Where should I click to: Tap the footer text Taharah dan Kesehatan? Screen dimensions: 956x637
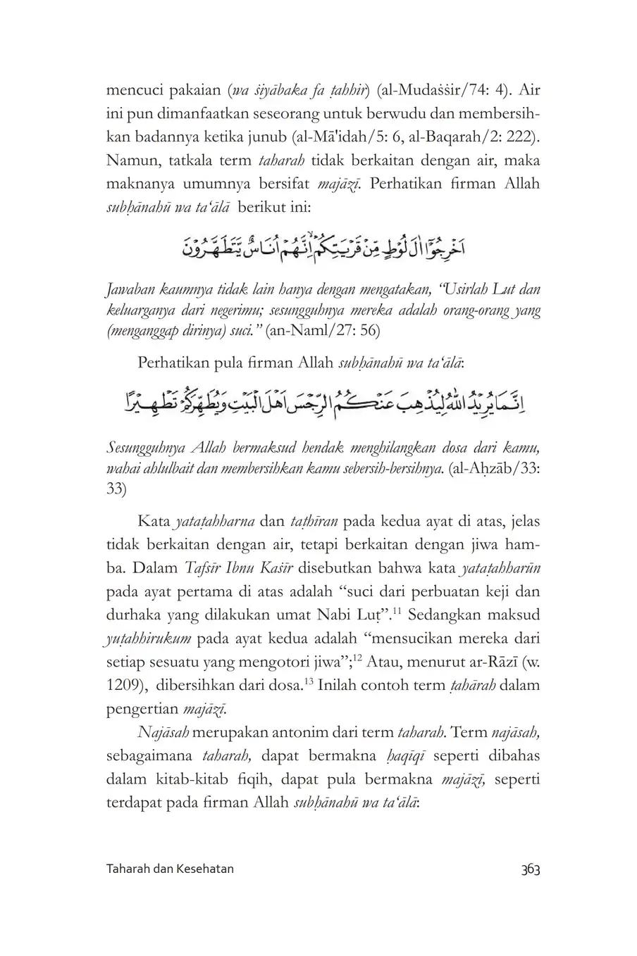click(170, 869)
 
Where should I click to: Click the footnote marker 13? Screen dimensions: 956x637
click(309, 681)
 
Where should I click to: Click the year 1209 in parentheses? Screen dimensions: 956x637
click(121, 685)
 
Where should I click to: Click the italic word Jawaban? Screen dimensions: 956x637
click(131, 290)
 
